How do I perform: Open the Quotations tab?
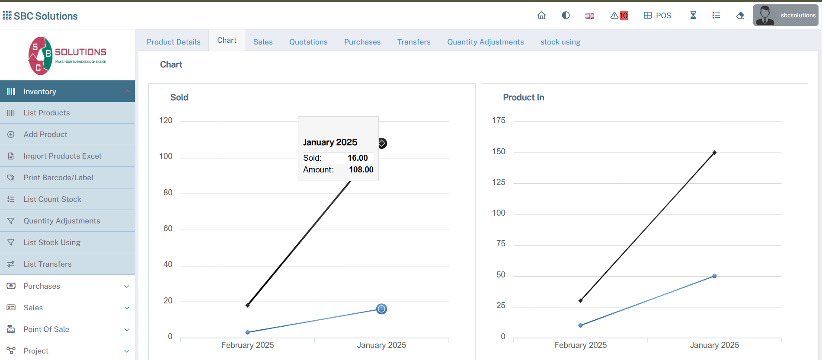(x=308, y=42)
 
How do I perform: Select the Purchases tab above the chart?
(x=362, y=42)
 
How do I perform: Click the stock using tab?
(x=560, y=42)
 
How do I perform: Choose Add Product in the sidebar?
(x=45, y=134)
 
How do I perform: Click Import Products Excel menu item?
(x=62, y=156)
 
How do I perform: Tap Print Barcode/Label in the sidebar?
(x=58, y=178)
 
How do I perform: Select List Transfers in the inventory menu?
(x=48, y=264)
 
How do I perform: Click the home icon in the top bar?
(x=541, y=16)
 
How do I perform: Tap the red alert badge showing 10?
(x=624, y=16)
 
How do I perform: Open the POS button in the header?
(x=657, y=16)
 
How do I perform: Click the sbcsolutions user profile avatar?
(x=765, y=16)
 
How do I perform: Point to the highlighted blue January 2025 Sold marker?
(x=381, y=309)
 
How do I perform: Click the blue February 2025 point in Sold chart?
(x=248, y=332)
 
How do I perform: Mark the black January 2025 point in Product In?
(x=714, y=153)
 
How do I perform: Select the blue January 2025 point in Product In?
(x=714, y=276)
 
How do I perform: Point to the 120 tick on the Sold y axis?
(x=166, y=121)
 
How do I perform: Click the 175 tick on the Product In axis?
(x=499, y=121)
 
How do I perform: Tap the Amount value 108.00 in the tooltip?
(x=361, y=170)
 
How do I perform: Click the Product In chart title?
(x=523, y=98)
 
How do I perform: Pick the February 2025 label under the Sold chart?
(x=247, y=345)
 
